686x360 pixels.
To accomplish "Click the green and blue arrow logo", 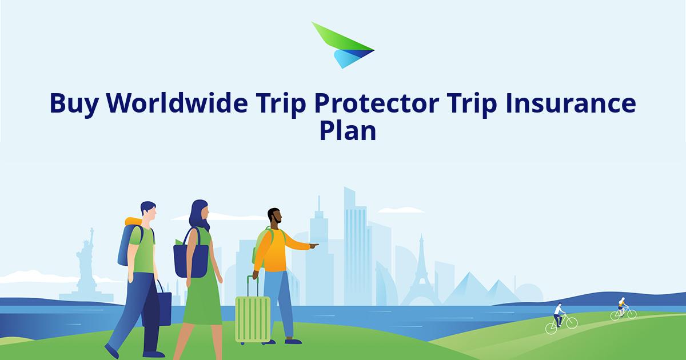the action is coord(343,45).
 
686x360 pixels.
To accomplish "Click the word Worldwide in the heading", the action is coord(177,103).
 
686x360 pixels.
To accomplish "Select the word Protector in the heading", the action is coord(377,104).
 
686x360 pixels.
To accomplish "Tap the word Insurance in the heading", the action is coord(571,103).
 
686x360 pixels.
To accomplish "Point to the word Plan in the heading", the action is coord(348,131).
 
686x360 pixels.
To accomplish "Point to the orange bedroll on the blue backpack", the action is coord(134,221).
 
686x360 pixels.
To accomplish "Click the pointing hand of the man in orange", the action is coord(314,246).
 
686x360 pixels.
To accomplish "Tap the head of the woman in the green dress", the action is coord(200,214).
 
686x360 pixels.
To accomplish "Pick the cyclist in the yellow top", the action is coord(623,309).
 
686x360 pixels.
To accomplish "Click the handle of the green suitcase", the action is coord(253,286).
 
